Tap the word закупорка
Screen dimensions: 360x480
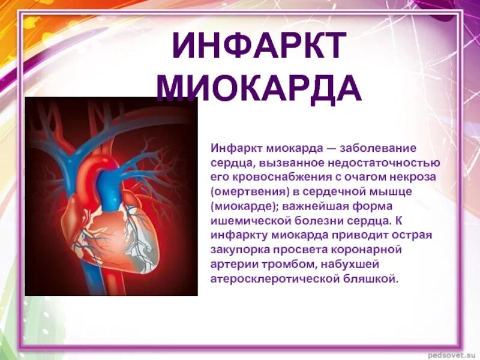238,249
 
